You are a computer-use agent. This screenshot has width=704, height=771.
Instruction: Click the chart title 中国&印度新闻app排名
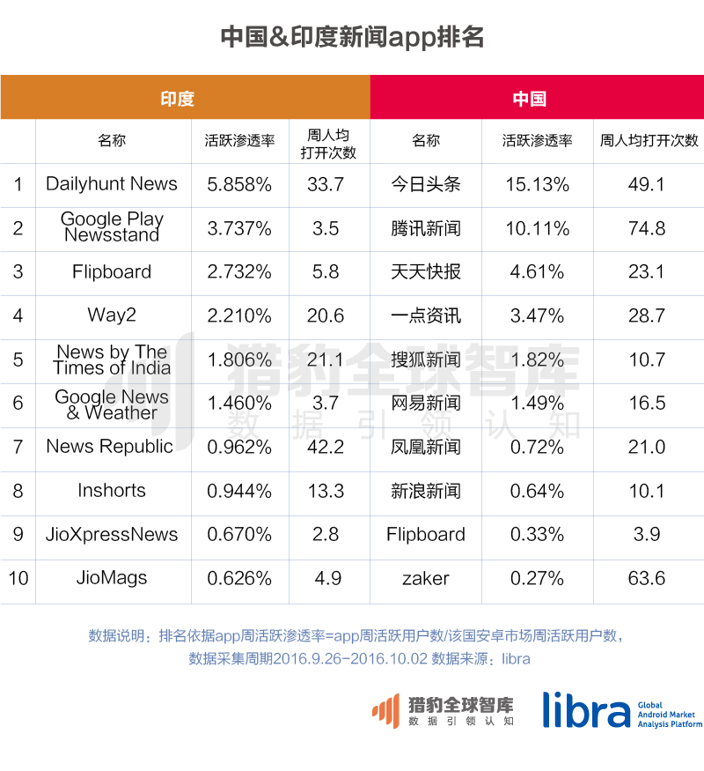[x=352, y=37]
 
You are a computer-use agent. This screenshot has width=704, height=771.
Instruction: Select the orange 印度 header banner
[x=185, y=98]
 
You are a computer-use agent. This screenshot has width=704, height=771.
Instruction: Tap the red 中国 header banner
[x=537, y=98]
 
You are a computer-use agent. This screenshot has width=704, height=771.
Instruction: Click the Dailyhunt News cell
[x=112, y=184]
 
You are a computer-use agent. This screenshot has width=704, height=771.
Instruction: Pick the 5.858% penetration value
[x=239, y=184]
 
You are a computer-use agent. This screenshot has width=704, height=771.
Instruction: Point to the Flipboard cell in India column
[x=112, y=272]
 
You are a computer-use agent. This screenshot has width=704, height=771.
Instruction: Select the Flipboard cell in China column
[x=426, y=535]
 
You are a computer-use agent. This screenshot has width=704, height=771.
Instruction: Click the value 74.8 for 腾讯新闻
[x=647, y=228]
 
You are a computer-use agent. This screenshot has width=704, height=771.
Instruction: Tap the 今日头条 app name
[x=426, y=184]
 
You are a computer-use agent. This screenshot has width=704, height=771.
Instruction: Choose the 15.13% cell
[x=537, y=184]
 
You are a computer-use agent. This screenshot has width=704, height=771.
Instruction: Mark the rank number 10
[x=18, y=579]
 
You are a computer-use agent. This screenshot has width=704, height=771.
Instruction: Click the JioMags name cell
[x=112, y=579]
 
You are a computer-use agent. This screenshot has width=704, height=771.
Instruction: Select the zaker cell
[x=426, y=579]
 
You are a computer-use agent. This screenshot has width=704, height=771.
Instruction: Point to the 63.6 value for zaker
[x=647, y=579]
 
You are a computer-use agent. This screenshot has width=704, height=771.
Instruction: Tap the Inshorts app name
[x=112, y=491]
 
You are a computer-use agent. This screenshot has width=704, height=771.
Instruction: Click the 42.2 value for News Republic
[x=326, y=447]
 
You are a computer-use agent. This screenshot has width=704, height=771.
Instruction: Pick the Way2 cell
[x=112, y=315]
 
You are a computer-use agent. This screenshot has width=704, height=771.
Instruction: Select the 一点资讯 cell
[x=426, y=315]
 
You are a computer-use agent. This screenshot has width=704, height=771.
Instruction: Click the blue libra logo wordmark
[x=586, y=709]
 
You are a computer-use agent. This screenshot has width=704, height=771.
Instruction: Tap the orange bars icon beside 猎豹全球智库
[x=385, y=710]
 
